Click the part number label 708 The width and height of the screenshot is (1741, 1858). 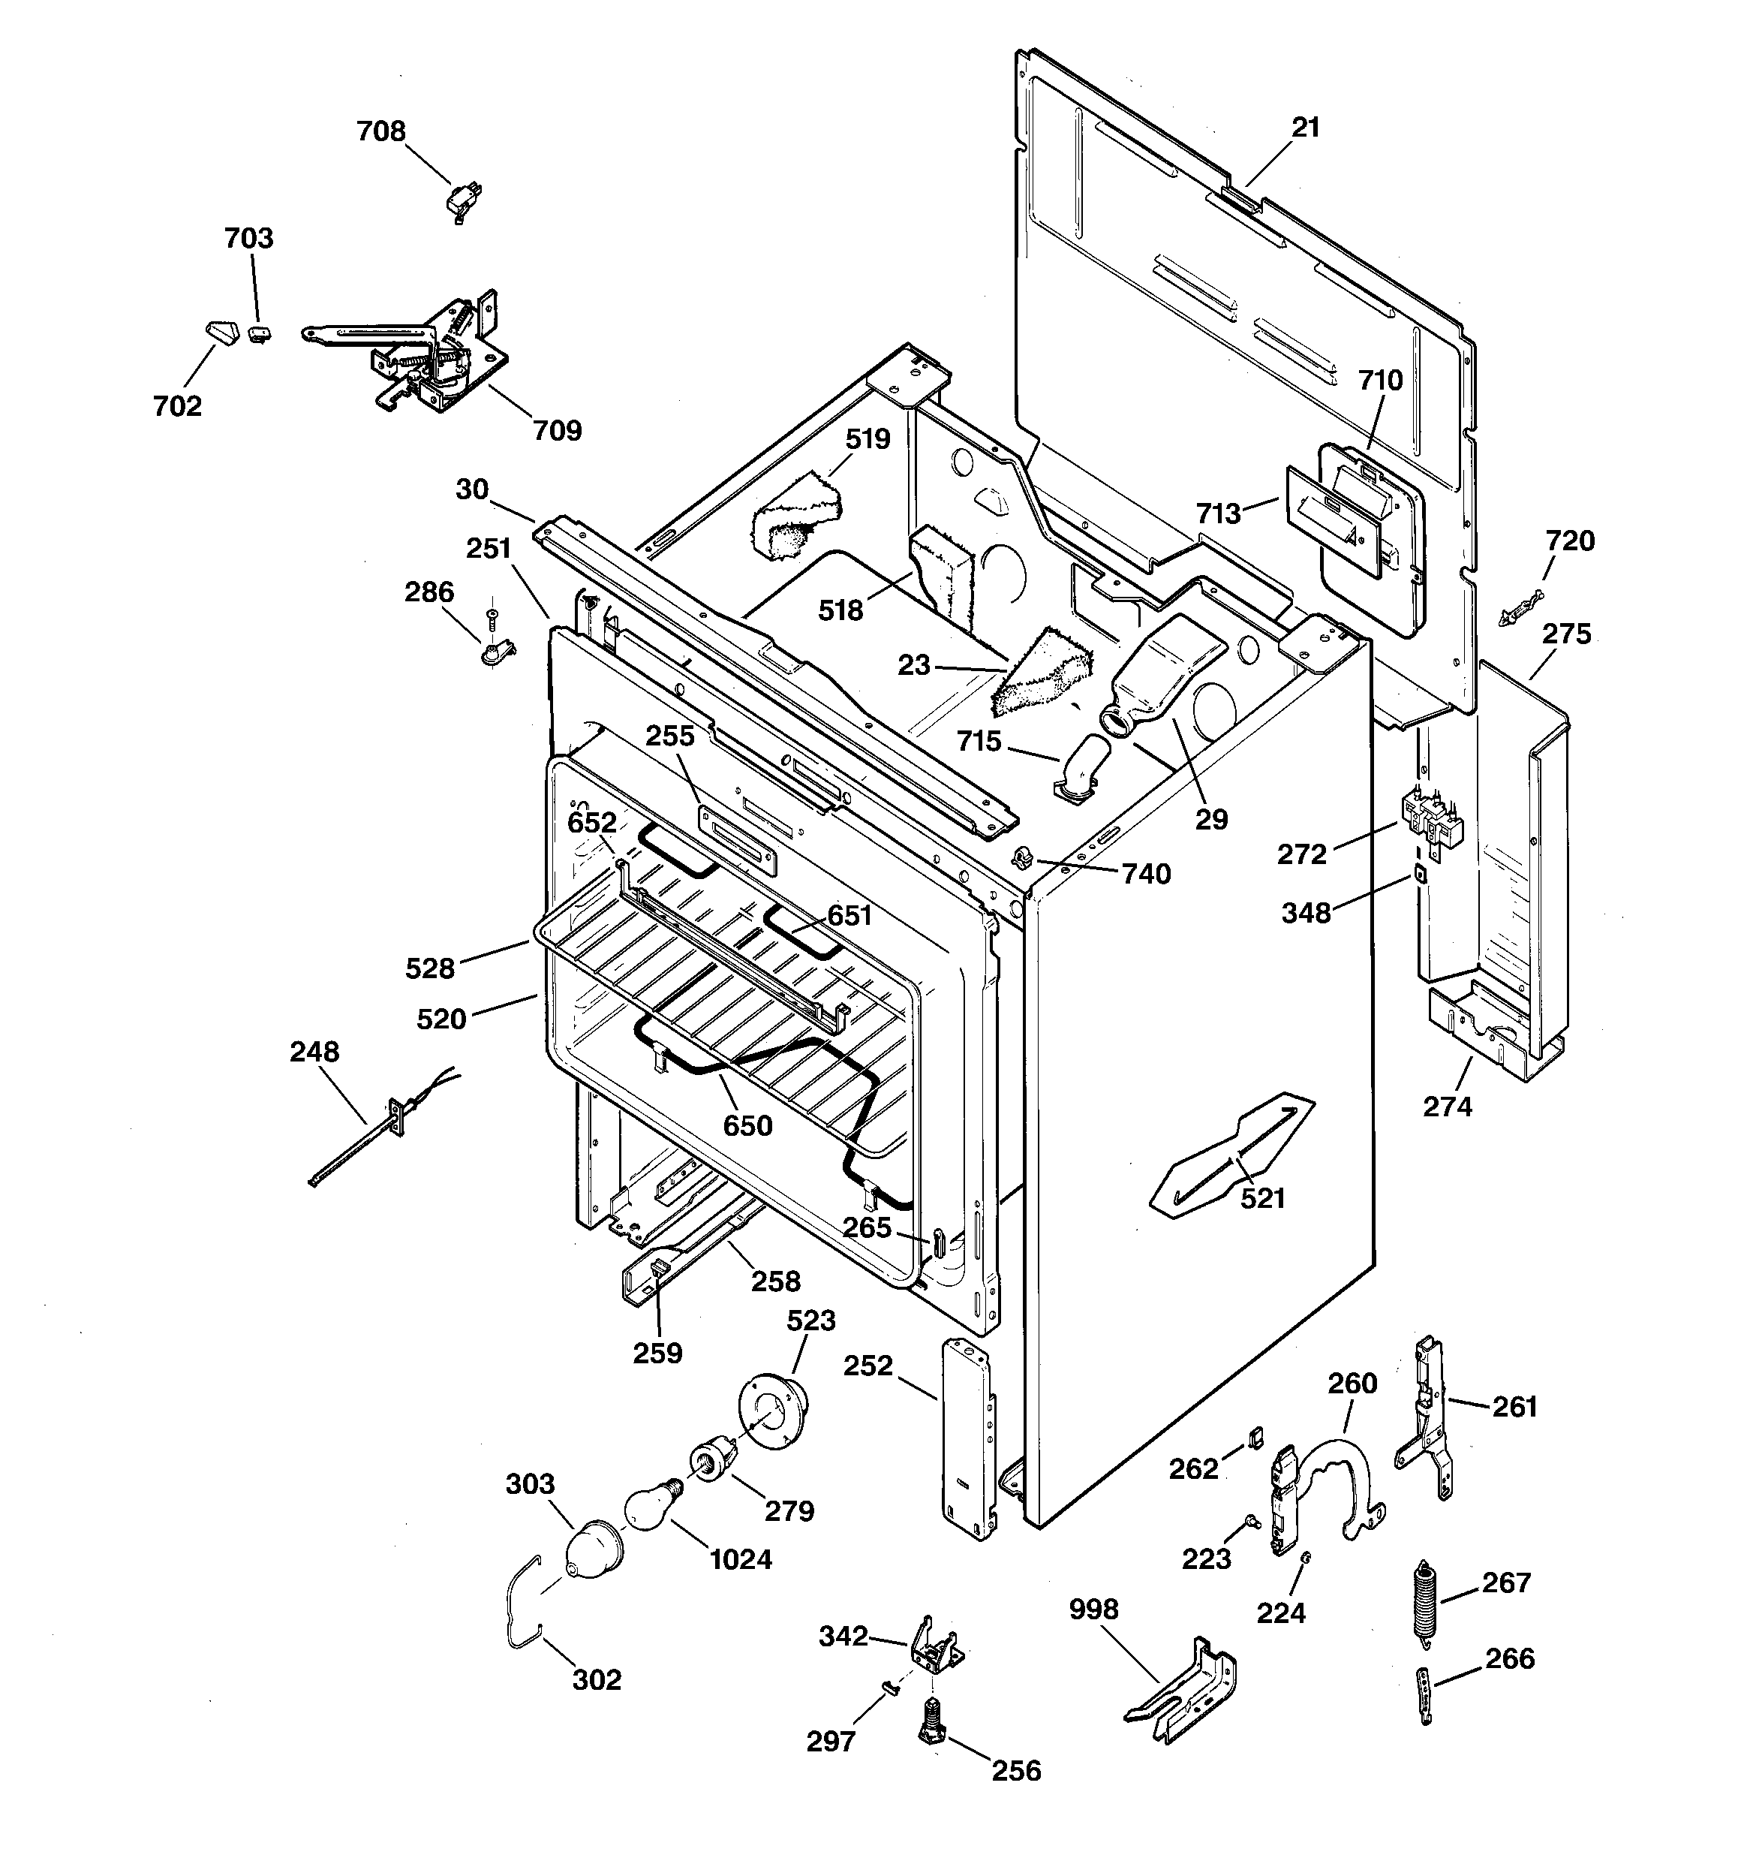click(381, 131)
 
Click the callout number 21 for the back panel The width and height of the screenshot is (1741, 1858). click(1306, 127)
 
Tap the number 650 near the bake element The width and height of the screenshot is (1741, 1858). click(747, 1126)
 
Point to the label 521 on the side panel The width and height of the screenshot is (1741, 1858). click(1262, 1198)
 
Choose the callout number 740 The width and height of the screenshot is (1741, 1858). click(1147, 874)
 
